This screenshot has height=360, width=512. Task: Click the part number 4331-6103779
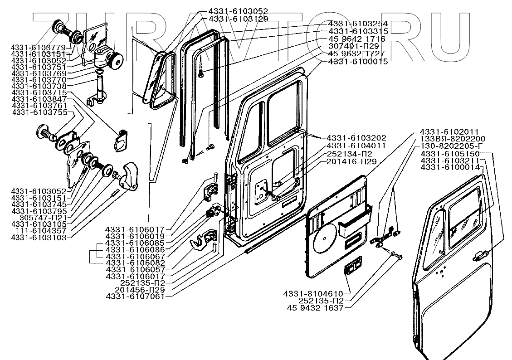39,48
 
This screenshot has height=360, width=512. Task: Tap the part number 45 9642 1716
356,39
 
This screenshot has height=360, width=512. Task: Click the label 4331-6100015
358,61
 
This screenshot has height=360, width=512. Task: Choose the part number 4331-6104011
356,146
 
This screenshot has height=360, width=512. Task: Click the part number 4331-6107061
135,297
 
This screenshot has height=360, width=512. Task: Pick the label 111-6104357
39,231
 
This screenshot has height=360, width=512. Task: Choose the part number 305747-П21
39,218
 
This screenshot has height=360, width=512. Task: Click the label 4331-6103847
39,99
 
